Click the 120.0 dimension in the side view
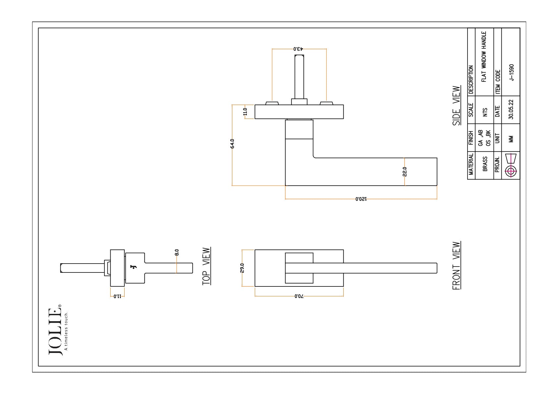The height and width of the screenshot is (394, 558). click(361, 199)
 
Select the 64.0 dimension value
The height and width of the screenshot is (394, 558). click(232, 144)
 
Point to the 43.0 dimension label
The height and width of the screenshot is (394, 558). click(298, 49)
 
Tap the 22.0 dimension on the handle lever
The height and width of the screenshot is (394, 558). click(405, 172)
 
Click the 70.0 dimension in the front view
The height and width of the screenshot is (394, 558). click(299, 296)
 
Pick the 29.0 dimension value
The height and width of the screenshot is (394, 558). click(242, 268)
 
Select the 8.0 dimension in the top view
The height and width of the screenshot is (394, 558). click(177, 252)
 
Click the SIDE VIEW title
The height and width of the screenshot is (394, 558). click(456, 106)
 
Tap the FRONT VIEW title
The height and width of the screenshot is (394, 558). click(456, 266)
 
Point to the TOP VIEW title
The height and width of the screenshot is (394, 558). click(206, 266)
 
